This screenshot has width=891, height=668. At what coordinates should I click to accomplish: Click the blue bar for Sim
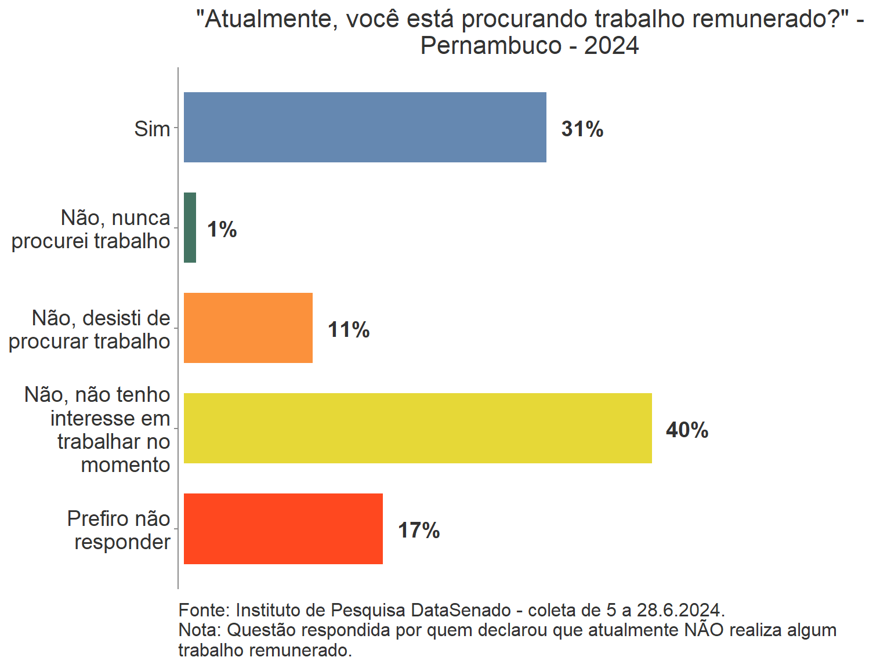tap(365, 127)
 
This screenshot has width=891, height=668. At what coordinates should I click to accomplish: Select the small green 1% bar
tap(190, 228)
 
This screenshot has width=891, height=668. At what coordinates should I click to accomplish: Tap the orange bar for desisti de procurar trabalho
tap(248, 328)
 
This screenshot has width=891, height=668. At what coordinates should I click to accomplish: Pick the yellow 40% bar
tap(418, 429)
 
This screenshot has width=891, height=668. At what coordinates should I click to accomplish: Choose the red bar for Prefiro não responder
tap(283, 529)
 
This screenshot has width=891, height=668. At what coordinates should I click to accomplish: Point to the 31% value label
tap(582, 129)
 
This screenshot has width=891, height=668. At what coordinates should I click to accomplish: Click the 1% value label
tap(222, 230)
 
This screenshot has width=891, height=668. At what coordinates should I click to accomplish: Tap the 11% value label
tap(349, 330)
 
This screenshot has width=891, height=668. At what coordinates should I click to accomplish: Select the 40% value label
tap(687, 430)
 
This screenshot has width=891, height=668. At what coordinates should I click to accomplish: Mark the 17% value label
tap(419, 531)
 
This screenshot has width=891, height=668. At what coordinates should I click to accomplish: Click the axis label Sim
tap(152, 129)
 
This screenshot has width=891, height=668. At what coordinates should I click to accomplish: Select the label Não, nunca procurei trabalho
tap(91, 229)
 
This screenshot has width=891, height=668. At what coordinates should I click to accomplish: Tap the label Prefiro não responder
tap(119, 530)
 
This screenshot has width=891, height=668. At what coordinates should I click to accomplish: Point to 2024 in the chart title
tap(611, 46)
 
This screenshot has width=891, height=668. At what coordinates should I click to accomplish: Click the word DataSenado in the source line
tap(461, 610)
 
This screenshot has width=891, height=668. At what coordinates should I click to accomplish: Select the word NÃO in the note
tap(704, 630)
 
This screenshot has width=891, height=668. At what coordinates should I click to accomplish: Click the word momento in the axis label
tap(125, 465)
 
